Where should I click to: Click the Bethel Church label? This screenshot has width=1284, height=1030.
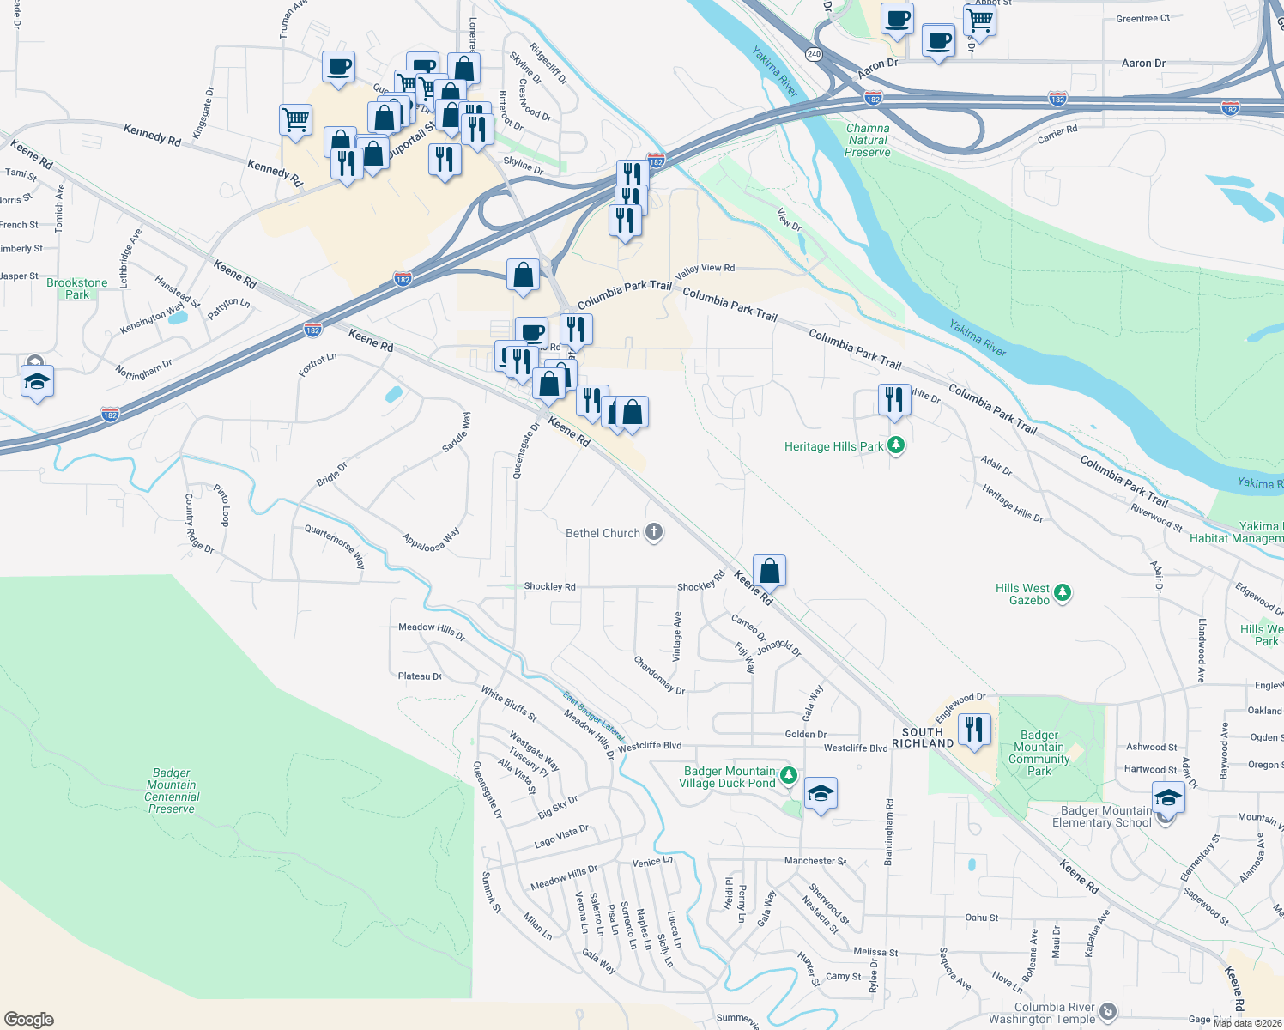[x=603, y=533]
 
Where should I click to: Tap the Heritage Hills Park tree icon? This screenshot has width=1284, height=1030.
[x=896, y=445]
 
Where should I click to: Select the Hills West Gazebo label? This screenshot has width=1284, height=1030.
[x=1022, y=594]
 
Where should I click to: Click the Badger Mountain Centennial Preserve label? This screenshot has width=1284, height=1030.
[x=172, y=791]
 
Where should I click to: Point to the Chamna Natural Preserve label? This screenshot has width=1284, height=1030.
[x=868, y=140]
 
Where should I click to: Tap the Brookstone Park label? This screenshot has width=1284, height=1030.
[x=77, y=288]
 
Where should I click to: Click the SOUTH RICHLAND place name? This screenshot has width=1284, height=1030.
[x=923, y=738]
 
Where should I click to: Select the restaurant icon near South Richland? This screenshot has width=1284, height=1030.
[x=973, y=729]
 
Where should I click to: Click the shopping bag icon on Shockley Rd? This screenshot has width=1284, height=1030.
[x=770, y=570]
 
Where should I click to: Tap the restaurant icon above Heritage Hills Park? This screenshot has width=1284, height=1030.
[x=894, y=399]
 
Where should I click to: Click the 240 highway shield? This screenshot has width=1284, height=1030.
[x=814, y=54]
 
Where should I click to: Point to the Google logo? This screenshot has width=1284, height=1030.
[x=29, y=1019]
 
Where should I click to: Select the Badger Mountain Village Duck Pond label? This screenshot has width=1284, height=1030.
[x=729, y=777]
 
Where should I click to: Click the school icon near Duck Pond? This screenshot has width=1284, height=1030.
[x=821, y=794]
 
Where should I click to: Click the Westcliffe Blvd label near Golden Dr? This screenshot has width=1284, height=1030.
[x=856, y=748]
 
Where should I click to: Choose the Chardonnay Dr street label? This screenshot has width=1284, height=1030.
[x=659, y=676]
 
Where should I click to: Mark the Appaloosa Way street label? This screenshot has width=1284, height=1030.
[x=432, y=541]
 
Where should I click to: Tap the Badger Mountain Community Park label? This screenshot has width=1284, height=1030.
[x=1039, y=753]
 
